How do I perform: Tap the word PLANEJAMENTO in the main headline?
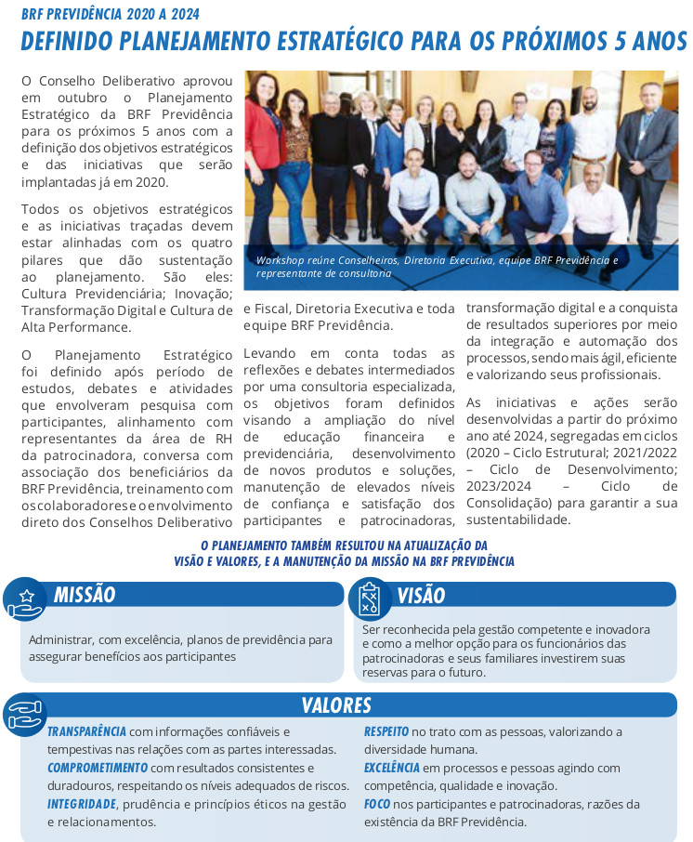click(220, 42)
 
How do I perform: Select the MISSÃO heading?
click(85, 595)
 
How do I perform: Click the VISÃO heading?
click(421, 596)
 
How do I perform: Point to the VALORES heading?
click(336, 705)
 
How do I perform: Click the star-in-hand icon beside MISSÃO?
click(26, 599)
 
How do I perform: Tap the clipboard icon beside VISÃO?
click(370, 599)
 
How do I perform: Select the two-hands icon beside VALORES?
click(24, 714)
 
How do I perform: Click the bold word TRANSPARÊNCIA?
click(86, 731)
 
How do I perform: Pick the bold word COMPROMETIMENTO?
click(98, 768)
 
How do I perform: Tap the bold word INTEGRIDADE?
click(82, 804)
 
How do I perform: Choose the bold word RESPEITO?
click(386, 731)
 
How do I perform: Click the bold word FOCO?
click(376, 804)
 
